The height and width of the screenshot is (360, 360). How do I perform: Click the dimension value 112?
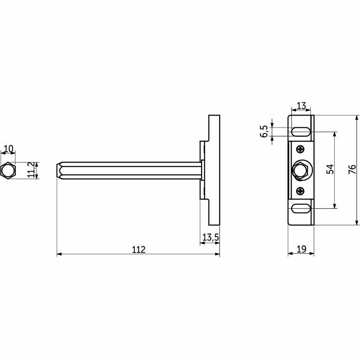click(x=138, y=249)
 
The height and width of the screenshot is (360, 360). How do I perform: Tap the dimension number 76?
click(x=352, y=170)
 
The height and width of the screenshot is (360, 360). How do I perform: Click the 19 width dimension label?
click(x=301, y=249)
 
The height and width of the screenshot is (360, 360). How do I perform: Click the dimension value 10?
click(x=9, y=149)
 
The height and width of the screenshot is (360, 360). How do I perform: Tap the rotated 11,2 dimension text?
click(x=31, y=170)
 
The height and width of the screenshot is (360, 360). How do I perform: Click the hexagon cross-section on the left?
click(x=7, y=170)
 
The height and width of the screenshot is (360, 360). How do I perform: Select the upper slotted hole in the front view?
click(x=301, y=132)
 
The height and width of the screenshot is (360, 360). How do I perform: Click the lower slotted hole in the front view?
click(x=301, y=207)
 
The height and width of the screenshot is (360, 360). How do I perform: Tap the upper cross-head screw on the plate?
click(x=300, y=150)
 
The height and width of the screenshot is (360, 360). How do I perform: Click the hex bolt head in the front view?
click(x=301, y=170)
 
